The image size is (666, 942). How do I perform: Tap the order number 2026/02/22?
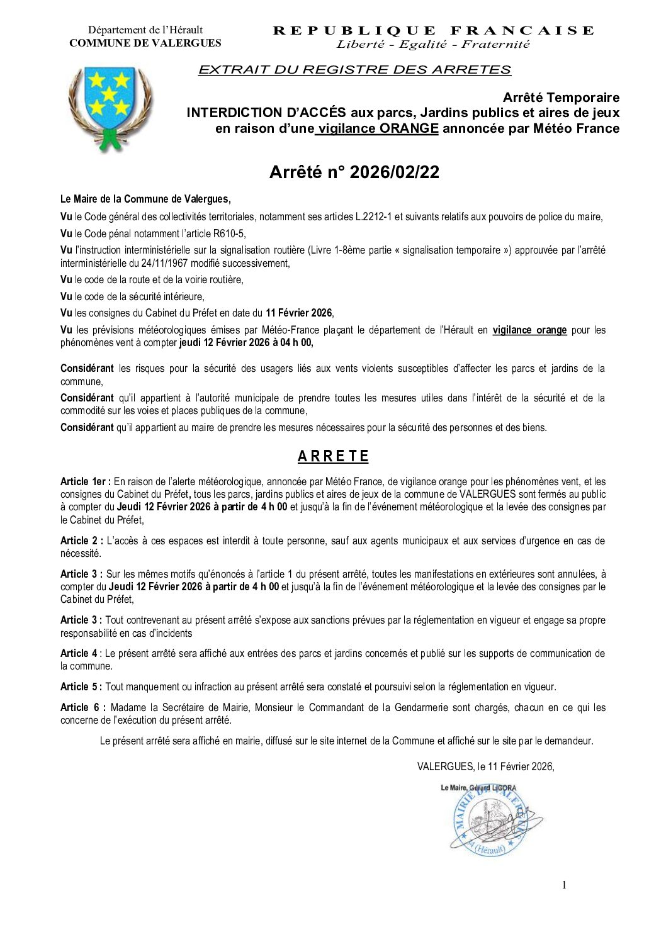point(394,172)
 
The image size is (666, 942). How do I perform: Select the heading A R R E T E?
point(333,456)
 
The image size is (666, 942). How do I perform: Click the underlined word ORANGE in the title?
point(409,128)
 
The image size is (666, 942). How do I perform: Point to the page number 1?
point(564,885)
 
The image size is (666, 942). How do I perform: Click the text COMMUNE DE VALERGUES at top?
point(145,43)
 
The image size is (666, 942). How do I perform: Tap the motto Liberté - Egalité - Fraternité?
point(433,44)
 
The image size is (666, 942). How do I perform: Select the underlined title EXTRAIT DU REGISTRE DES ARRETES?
point(354,70)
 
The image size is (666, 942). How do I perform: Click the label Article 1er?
point(86,481)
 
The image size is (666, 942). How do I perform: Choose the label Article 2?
point(82,541)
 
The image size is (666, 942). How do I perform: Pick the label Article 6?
point(82,707)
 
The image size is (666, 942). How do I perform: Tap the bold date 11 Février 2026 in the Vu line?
point(298,313)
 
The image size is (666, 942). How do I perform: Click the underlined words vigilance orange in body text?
point(529,330)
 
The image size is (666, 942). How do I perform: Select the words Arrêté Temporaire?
point(560,98)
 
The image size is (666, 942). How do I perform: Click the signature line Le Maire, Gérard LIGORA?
point(478,788)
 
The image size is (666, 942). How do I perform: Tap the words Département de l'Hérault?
point(145,30)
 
